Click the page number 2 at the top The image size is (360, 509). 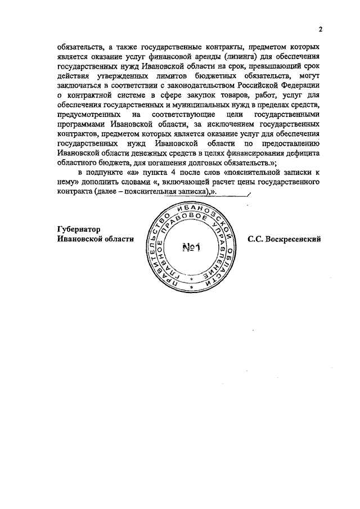(319, 29)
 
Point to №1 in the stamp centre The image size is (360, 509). (193, 247)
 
